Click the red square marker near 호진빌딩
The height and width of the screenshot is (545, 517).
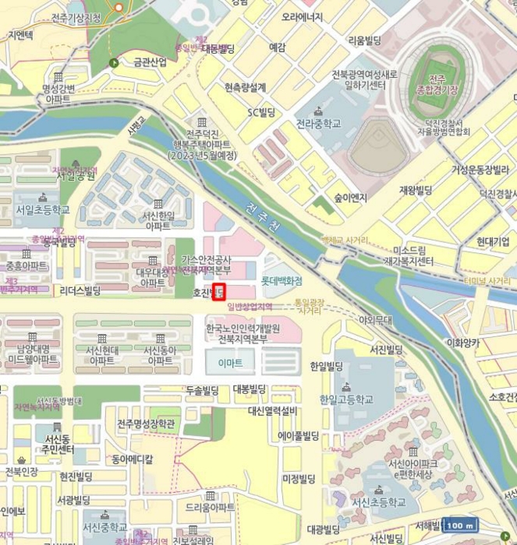point(218,293)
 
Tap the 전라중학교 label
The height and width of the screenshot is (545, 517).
point(318,124)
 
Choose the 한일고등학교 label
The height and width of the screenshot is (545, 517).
point(345,399)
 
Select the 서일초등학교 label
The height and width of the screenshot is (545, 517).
point(42,210)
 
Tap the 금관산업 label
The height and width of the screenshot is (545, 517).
point(150,62)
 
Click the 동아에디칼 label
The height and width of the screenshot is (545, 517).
point(132,459)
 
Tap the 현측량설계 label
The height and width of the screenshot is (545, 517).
point(245,87)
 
